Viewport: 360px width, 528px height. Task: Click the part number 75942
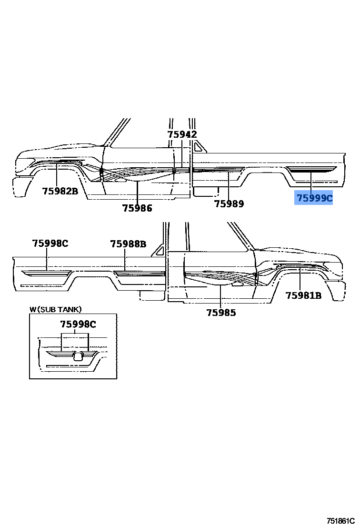point(182,135)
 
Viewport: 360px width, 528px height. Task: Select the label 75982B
point(60,191)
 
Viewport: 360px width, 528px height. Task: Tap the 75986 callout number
point(137,208)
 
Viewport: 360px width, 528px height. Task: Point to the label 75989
point(229,204)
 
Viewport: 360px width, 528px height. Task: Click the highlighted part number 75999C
point(313,198)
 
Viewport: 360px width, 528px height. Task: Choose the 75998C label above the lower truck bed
point(50,244)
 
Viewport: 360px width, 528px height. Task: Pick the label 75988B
point(128,244)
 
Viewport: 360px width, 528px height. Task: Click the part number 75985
point(221,313)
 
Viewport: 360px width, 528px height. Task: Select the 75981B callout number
point(303,295)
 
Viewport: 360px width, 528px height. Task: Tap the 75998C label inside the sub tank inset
point(78,325)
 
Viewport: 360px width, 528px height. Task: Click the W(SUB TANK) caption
point(56,309)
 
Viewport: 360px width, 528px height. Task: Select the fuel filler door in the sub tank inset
point(80,355)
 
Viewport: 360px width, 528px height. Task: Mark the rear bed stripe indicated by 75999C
point(312,169)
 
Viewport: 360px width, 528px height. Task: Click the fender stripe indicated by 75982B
point(57,163)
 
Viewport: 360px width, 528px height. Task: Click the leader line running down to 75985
point(221,295)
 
